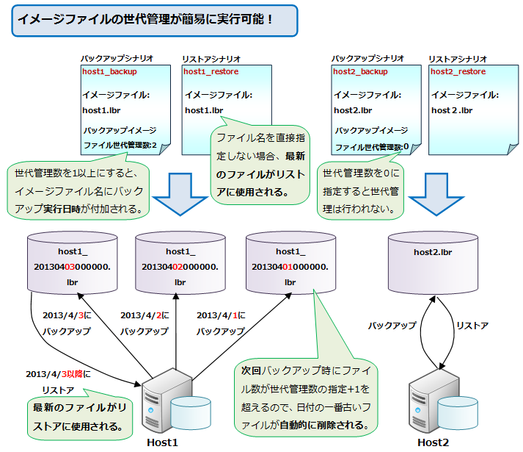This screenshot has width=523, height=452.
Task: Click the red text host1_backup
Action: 109,72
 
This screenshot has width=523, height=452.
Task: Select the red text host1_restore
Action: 211,72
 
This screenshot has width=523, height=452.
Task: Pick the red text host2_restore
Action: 458,72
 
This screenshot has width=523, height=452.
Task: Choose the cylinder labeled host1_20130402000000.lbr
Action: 180,261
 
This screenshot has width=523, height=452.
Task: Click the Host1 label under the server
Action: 162,442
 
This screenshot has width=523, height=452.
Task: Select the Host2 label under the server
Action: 433,442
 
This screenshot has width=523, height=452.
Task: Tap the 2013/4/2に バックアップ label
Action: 145,323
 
